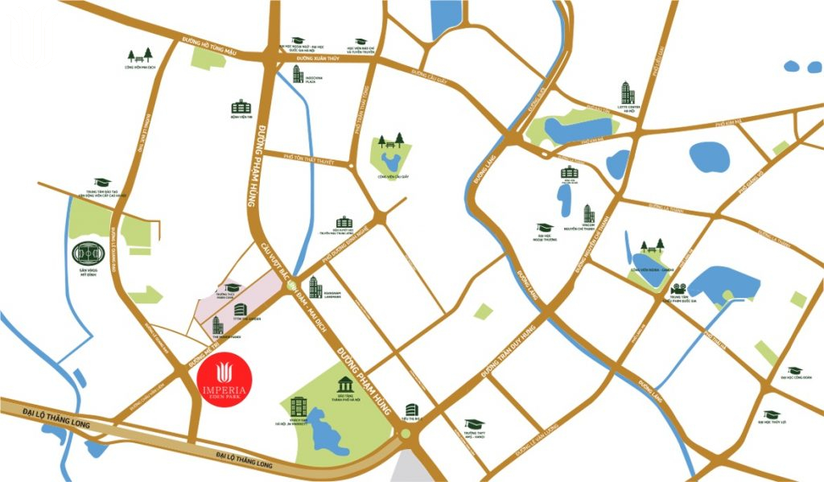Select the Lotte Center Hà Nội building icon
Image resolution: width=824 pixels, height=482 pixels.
(626, 93)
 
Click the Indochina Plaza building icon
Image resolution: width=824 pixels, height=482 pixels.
(299, 74)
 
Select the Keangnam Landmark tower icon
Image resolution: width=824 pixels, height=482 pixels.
(315, 286)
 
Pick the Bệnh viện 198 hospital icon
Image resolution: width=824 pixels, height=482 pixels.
(241, 106)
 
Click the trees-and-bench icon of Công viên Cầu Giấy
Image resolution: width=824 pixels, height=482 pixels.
(392, 142)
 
